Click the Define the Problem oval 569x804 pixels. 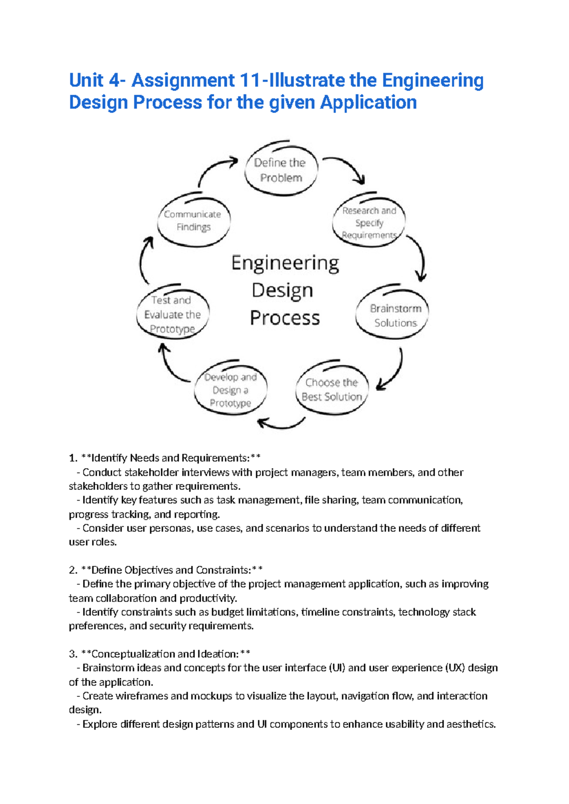tap(281, 170)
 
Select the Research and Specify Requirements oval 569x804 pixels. tap(369, 222)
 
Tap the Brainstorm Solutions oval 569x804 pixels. tap(393, 315)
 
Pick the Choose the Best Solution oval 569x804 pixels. tap(332, 389)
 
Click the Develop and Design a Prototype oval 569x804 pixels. tap(231, 390)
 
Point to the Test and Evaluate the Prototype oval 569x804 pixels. tap(173, 314)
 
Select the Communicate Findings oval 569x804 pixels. tap(193, 220)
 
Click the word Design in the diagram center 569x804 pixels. tap(282, 290)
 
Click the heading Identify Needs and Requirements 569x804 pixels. tap(170, 458)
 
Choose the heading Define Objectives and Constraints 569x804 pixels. tap(171, 570)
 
